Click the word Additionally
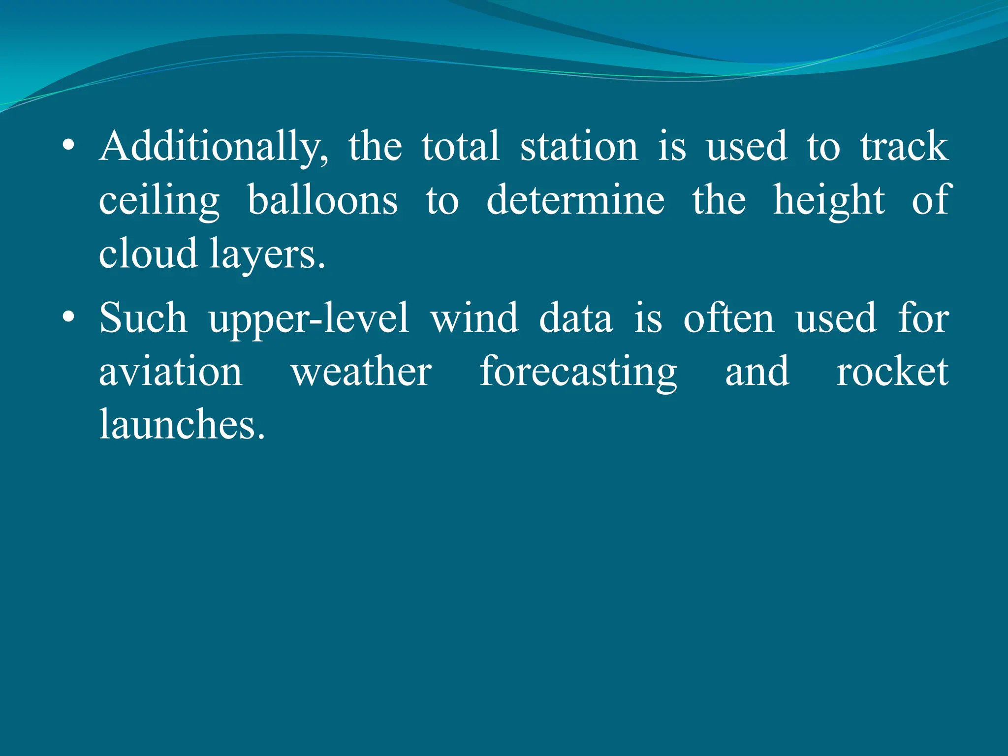click(214, 147)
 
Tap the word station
click(579, 147)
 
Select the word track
click(904, 147)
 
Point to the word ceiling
click(159, 201)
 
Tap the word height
click(829, 201)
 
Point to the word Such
click(143, 318)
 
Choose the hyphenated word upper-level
click(309, 319)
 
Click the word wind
click(474, 318)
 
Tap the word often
click(728, 318)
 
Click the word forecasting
click(578, 373)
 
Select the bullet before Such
click(69, 317)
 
